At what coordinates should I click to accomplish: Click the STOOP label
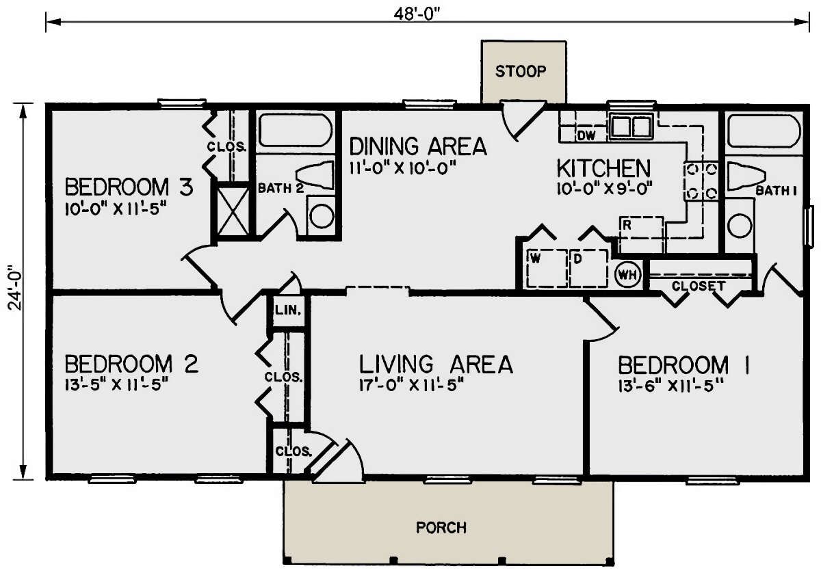[x=521, y=71]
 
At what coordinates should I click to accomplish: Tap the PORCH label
[x=441, y=528]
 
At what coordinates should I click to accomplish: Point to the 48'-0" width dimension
[x=417, y=14]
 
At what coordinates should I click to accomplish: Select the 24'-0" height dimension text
[x=15, y=288]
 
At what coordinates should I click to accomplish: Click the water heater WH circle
[x=628, y=274]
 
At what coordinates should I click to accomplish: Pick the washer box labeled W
[x=547, y=268]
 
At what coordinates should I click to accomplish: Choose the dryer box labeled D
[x=588, y=268]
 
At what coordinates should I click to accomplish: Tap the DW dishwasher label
[x=586, y=136]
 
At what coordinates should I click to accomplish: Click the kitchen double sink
[x=631, y=126]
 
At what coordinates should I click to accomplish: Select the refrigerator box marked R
[x=641, y=235]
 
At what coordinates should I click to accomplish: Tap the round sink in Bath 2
[x=322, y=216]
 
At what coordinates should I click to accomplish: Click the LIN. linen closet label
[x=288, y=310]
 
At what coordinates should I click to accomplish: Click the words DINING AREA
[x=418, y=146]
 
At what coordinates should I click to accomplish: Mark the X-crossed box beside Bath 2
[x=233, y=211]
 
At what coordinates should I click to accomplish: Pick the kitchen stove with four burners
[x=701, y=181]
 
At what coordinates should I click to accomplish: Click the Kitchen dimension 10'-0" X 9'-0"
[x=605, y=189]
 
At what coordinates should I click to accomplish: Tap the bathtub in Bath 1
[x=764, y=131]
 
